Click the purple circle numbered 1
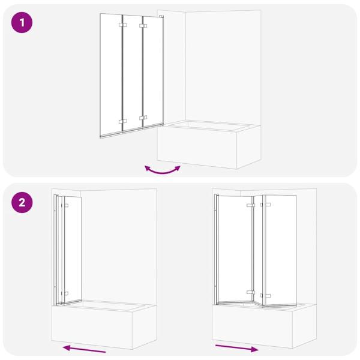tap(22, 23)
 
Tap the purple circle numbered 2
tap(22, 202)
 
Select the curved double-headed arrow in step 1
tap(162, 170)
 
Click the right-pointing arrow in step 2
tap(237, 347)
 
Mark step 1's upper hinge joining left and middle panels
tap(123, 26)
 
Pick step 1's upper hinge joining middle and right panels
tap(143, 26)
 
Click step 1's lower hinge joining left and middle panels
tap(123, 121)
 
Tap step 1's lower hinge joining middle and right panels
tap(143, 118)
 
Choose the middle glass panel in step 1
tap(133, 72)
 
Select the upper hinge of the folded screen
tap(65, 206)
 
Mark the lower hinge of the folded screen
tap(65, 293)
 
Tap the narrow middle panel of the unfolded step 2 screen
tap(259, 249)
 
